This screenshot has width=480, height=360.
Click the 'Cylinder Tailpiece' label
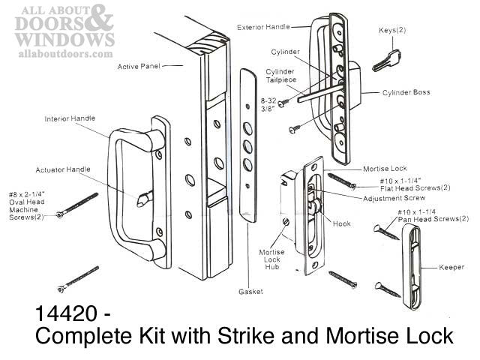(281, 76)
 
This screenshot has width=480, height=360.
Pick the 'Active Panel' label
(140, 67)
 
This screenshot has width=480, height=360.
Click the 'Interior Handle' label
(70, 118)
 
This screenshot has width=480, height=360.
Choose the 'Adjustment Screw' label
(389, 199)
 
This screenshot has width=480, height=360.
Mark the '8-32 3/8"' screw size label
(268, 103)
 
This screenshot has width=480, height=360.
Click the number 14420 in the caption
(67, 312)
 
